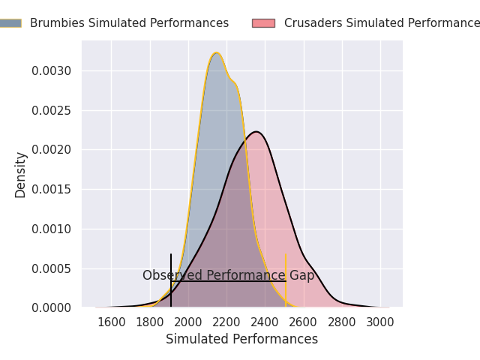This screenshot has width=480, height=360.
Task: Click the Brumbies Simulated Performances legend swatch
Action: (10, 23)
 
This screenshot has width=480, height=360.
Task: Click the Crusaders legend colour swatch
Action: (263, 23)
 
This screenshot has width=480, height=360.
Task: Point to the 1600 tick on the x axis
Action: (112, 322)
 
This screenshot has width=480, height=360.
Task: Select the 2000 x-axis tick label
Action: (188, 322)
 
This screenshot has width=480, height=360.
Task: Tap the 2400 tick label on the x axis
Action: (265, 322)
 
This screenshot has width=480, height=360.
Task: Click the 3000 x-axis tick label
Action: (380, 322)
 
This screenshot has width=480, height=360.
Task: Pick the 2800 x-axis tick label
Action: (342, 322)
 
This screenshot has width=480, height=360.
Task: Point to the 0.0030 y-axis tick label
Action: (51, 71)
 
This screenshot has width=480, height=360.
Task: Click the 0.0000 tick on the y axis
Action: (51, 308)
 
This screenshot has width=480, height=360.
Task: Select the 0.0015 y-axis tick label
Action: (51, 190)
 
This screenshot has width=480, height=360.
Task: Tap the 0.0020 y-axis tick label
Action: (51, 150)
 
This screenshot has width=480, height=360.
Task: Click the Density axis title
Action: (21, 175)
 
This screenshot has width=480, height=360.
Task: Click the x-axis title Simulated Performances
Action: (241, 340)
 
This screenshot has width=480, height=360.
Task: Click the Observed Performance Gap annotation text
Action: (228, 276)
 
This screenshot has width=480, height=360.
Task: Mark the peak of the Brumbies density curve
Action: (216, 52)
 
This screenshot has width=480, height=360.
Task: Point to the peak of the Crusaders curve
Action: (256, 132)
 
